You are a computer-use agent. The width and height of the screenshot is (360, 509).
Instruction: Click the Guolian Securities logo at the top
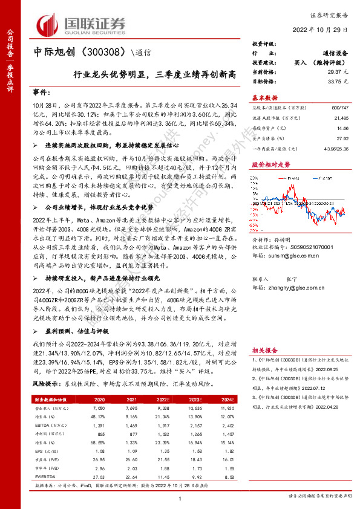pyautogui.click(x=82, y=25)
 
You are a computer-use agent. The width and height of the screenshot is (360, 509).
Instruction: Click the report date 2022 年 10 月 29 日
pyautogui.click(x=321, y=30)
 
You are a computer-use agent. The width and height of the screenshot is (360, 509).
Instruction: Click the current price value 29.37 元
pyautogui.click(x=333, y=71)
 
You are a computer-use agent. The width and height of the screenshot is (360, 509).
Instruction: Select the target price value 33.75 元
pyautogui.click(x=333, y=80)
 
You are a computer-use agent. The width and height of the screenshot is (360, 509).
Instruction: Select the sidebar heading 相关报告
pyautogui.click(x=264, y=349)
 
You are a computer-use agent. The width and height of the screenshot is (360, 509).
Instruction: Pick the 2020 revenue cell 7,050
pyautogui.click(x=115, y=408)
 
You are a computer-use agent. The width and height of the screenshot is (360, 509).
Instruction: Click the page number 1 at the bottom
pyautogui.click(x=180, y=498)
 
